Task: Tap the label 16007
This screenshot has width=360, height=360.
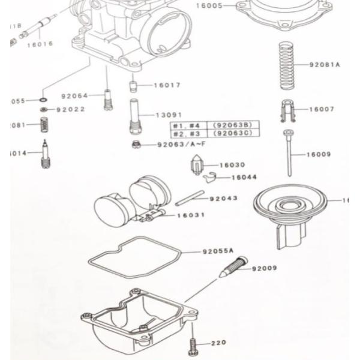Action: (322, 110)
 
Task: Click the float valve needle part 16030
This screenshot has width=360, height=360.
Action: (197, 165)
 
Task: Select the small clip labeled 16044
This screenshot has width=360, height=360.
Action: (208, 177)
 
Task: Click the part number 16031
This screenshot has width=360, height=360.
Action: (191, 215)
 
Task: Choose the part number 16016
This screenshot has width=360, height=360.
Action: (40, 44)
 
